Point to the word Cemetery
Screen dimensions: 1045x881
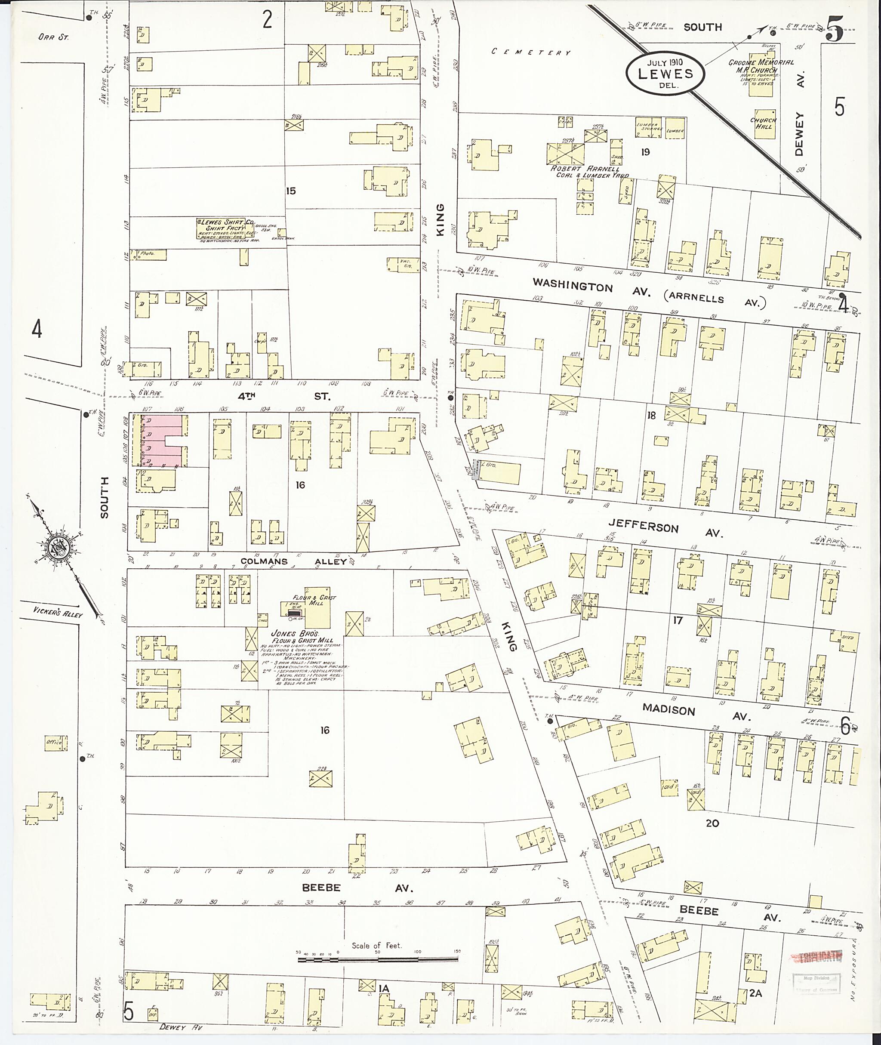pyautogui.click(x=530, y=52)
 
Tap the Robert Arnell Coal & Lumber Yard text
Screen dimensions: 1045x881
pyautogui.click(x=588, y=172)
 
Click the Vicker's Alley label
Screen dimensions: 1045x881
pyautogui.click(x=58, y=611)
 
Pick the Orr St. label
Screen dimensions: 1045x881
pyautogui.click(x=53, y=37)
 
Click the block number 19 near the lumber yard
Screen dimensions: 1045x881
pyautogui.click(x=645, y=152)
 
